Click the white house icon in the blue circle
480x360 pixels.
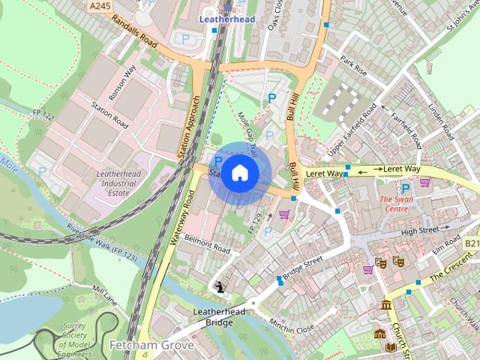[239, 172]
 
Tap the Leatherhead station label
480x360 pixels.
[226, 19]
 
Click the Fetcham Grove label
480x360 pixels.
[151, 346]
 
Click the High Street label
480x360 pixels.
[421, 230]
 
